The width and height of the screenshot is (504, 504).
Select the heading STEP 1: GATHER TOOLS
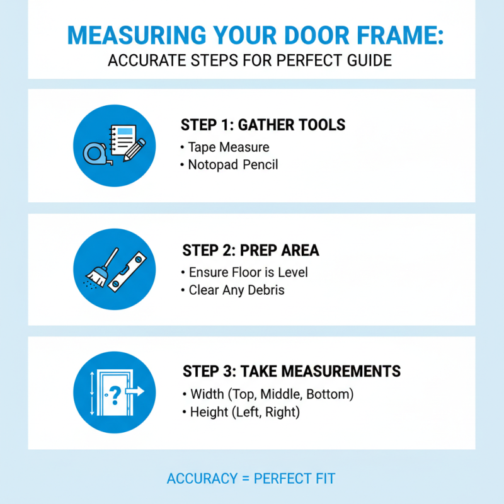click(263, 125)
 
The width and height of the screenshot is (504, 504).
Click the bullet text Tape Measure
click(229, 147)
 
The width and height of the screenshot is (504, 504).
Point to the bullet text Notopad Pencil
click(233, 165)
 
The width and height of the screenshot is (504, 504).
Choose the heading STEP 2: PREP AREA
click(251, 251)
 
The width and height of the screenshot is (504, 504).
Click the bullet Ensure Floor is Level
click(248, 273)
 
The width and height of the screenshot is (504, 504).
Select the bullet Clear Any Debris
click(236, 290)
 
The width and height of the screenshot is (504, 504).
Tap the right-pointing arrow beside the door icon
click(135, 391)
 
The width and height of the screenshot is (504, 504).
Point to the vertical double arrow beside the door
click(91, 393)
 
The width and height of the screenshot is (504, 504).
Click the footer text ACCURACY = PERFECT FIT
click(251, 478)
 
